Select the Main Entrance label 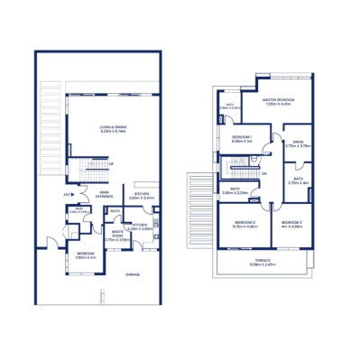(105, 193)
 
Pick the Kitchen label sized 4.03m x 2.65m (140, 226)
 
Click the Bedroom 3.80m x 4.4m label (87, 255)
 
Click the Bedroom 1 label (242, 139)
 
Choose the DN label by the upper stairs (264, 173)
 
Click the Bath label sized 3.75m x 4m (299, 180)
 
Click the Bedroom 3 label (291, 224)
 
